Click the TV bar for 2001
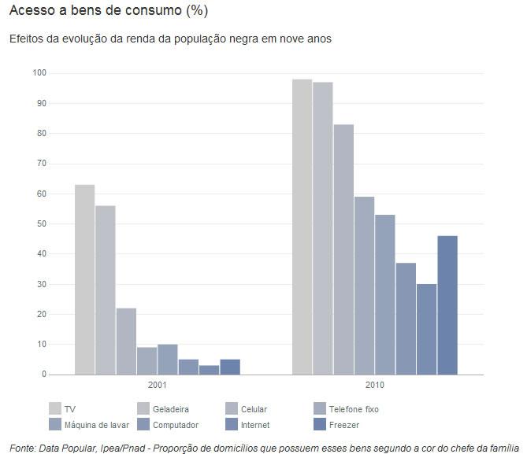pyautogui.click(x=84, y=279)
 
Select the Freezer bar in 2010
pyautogui.click(x=447, y=305)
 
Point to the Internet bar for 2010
pyautogui.click(x=426, y=329)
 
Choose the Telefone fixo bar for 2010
pyautogui.click(x=364, y=286)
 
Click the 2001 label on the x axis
pyautogui.click(x=157, y=386)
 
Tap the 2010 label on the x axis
pyautogui.click(x=374, y=386)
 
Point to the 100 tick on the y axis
pyautogui.click(x=39, y=73)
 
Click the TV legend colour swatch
pyautogui.click(x=55, y=408)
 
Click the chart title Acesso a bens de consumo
pyautogui.click(x=108, y=11)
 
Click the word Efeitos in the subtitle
pyautogui.click(x=29, y=39)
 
